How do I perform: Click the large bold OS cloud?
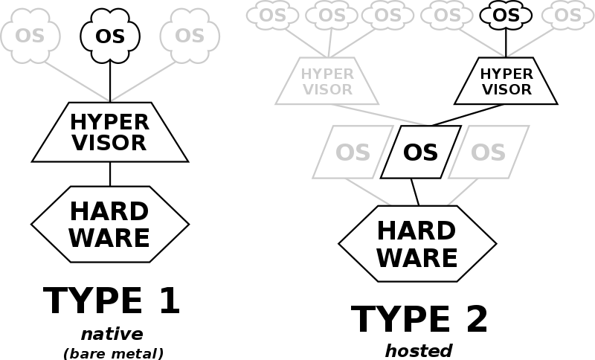tap(110, 35)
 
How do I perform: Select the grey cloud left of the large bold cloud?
tap(30, 35)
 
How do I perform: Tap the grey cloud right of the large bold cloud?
tap(190, 35)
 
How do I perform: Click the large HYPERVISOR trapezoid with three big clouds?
tap(110, 132)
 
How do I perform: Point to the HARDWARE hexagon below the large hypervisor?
tap(110, 224)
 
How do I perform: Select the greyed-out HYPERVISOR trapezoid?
tap(327, 81)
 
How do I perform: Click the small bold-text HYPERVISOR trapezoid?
tap(506, 82)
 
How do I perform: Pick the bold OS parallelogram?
tap(420, 152)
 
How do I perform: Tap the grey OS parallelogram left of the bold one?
tap(353, 152)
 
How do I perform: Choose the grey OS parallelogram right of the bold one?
tap(488, 152)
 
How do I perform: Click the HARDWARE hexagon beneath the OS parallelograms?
tap(416, 244)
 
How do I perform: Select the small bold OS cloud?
tap(506, 15)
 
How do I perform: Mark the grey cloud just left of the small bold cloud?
tap(447, 15)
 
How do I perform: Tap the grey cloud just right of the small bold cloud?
tap(567, 15)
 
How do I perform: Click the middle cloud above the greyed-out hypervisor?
tap(332, 15)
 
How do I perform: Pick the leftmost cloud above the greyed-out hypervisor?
tap(273, 15)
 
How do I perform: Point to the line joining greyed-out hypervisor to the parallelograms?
tap(379, 115)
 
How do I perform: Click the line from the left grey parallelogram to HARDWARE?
tap(367, 192)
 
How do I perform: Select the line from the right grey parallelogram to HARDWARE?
tap(463, 192)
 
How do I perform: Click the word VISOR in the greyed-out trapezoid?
tap(327, 89)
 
